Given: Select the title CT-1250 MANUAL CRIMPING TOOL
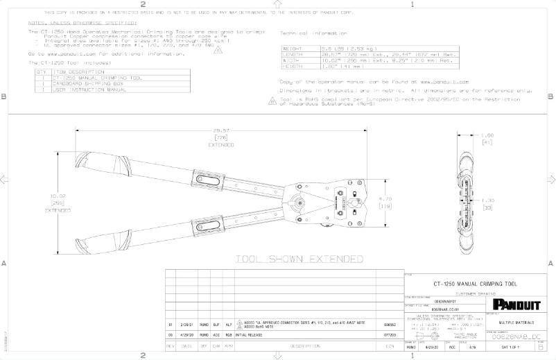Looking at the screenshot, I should click(475, 284).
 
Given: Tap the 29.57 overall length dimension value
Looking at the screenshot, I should click(222, 130).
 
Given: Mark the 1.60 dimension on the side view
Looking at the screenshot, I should click(486, 135).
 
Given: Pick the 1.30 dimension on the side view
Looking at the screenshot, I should click(486, 200).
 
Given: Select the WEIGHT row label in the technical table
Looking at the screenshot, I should click(291, 49).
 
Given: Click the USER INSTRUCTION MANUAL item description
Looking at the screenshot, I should click(89, 89).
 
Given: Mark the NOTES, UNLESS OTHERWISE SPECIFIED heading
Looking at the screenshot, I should click(82, 22).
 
